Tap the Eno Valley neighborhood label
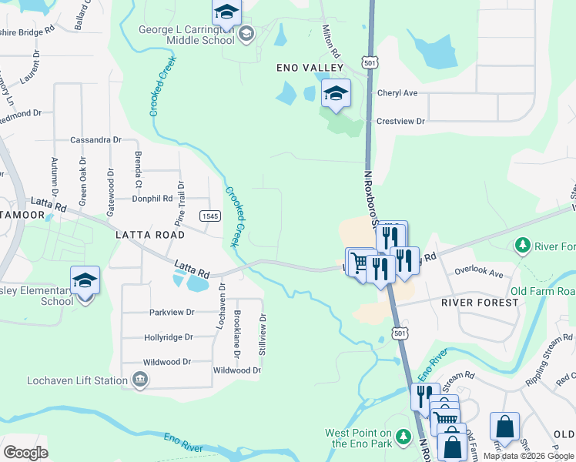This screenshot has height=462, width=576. pos(310,69)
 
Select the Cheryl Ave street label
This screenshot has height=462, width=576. pos(397,93)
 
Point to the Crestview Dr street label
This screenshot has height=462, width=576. pos(400,121)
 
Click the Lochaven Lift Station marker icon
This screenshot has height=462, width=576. pos(140,379)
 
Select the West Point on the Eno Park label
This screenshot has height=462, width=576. pos(358,438)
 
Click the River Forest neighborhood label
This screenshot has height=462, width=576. pos(480,303)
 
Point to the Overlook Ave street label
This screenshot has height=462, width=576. pos(478,273)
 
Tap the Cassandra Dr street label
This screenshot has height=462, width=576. pos(95,140)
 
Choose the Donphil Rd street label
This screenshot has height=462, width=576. pos(152,198)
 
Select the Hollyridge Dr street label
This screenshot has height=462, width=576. pos(168,337)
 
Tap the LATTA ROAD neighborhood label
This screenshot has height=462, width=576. pos(149,234)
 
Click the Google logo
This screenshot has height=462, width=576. pos(25,453)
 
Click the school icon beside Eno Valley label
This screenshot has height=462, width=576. pos(336,95)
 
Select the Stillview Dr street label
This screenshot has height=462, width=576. pos(263,331)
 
